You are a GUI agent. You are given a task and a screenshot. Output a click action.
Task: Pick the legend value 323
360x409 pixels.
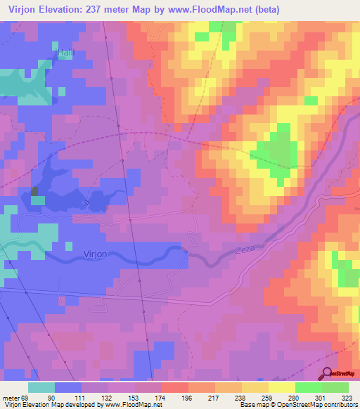point(346,397)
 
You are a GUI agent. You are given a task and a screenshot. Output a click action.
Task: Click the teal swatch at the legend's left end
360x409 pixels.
point(41,387)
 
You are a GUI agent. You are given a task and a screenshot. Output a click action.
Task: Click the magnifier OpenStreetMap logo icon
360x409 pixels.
point(327,374)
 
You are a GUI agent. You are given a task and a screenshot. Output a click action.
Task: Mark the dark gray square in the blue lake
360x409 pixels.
point(35,190)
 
